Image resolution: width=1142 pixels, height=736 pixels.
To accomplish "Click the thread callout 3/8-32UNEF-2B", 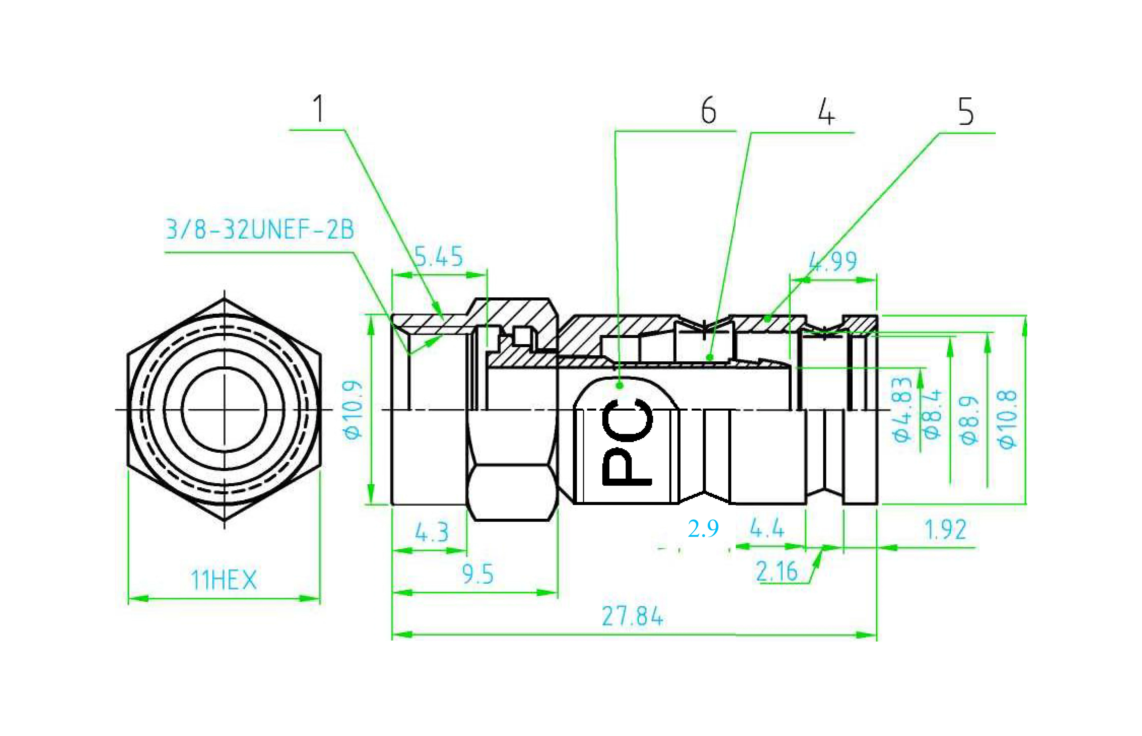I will [x=259, y=229].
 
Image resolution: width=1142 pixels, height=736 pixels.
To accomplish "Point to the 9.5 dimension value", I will [x=477, y=574].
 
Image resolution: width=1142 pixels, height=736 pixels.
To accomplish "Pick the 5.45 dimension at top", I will [x=438, y=257].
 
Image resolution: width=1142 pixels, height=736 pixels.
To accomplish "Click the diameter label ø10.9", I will [x=353, y=410].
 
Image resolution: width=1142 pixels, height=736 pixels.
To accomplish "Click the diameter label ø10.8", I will [x=1007, y=419].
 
